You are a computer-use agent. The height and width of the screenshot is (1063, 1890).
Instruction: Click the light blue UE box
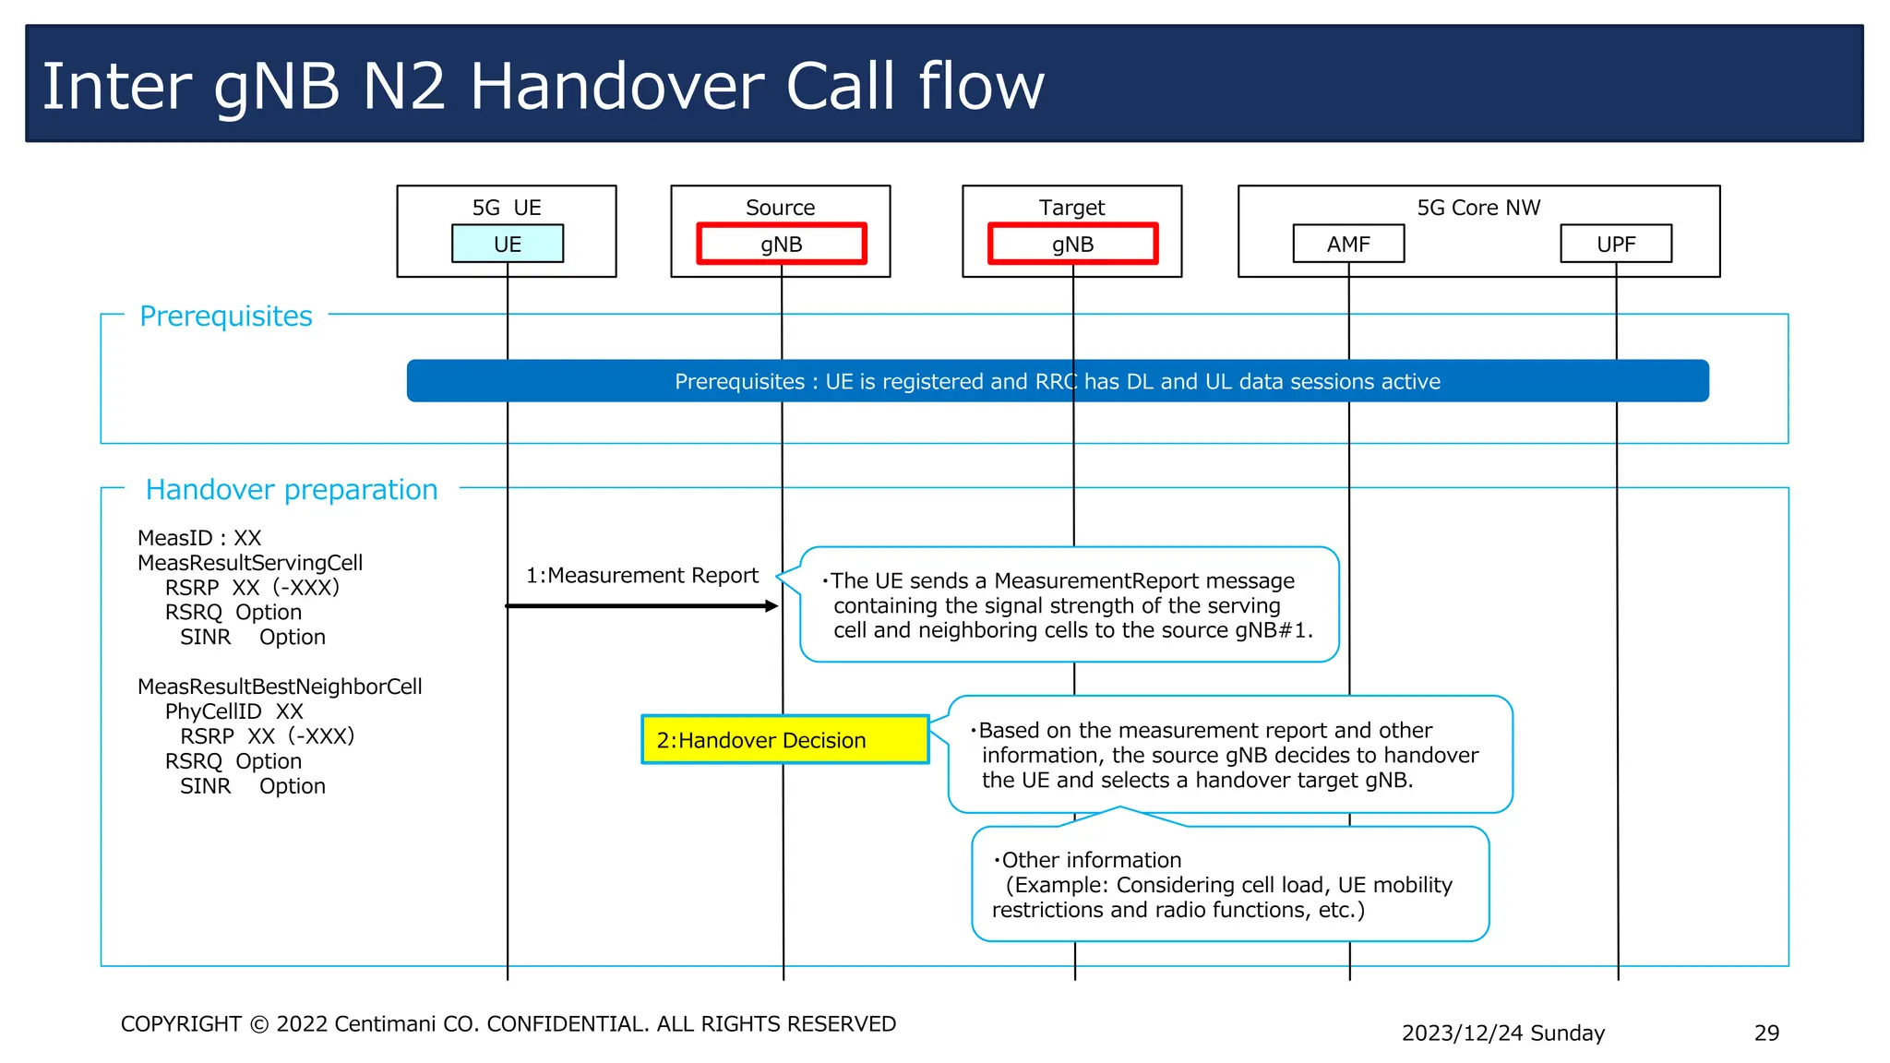tap(507, 245)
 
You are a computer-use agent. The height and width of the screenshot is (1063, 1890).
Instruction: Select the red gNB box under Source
tap(781, 245)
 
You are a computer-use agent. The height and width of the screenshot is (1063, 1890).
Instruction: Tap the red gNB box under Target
tap(1072, 245)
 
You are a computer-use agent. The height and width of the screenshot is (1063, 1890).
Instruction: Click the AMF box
tap(1348, 245)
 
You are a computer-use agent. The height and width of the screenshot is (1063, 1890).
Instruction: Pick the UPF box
tap(1615, 245)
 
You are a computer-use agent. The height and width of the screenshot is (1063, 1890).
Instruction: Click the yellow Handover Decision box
tap(784, 740)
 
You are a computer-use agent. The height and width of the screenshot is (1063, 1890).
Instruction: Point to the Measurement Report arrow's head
tap(772, 606)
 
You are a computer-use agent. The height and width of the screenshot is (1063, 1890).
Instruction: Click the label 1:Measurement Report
tap(642, 576)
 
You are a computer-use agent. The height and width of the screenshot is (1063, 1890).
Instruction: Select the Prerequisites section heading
tap(226, 317)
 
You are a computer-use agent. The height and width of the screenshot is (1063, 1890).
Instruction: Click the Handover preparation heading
tap(292, 490)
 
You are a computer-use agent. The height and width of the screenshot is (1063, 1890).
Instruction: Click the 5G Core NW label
tap(1478, 208)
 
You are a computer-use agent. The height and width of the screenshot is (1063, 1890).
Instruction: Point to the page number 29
tap(1766, 1033)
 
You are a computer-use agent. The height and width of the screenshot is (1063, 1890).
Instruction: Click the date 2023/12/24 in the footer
tap(1463, 1033)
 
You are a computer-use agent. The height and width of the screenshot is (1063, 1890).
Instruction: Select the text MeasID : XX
tap(199, 538)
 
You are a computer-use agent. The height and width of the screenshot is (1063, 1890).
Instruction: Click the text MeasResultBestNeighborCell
tap(280, 687)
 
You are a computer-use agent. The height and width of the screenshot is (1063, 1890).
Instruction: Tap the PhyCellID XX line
tap(233, 711)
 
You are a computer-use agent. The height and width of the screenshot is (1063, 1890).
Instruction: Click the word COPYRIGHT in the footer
tap(181, 1024)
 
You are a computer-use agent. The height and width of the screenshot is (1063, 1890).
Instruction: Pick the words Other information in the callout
tap(1091, 860)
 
